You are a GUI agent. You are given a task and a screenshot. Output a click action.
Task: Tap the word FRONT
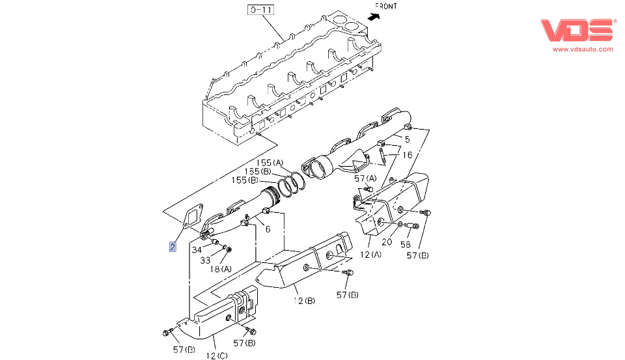pos(387,6)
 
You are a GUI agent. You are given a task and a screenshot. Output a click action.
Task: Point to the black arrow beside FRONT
pos(372,18)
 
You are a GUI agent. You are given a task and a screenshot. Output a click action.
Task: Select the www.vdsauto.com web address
pos(583,49)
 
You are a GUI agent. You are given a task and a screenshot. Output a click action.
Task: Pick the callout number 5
pos(407,139)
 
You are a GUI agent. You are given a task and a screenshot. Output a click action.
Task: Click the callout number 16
pos(407,155)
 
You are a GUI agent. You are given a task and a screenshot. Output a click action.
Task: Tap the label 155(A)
pos(270,162)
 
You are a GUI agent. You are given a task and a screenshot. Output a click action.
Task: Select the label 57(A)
pos(365,178)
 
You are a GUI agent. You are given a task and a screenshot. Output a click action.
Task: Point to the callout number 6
pos(267,229)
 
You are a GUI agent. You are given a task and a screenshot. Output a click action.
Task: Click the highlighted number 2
pos(172,247)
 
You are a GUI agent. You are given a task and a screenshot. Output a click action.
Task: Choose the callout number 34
pos(197,250)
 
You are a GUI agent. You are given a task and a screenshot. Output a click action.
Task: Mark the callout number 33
pos(205,260)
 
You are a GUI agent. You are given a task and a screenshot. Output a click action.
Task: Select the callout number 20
pos(387,242)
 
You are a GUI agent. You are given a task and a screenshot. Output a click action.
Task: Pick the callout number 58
pos(406,245)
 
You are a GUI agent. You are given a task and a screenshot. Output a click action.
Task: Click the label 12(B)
pos(303,300)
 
